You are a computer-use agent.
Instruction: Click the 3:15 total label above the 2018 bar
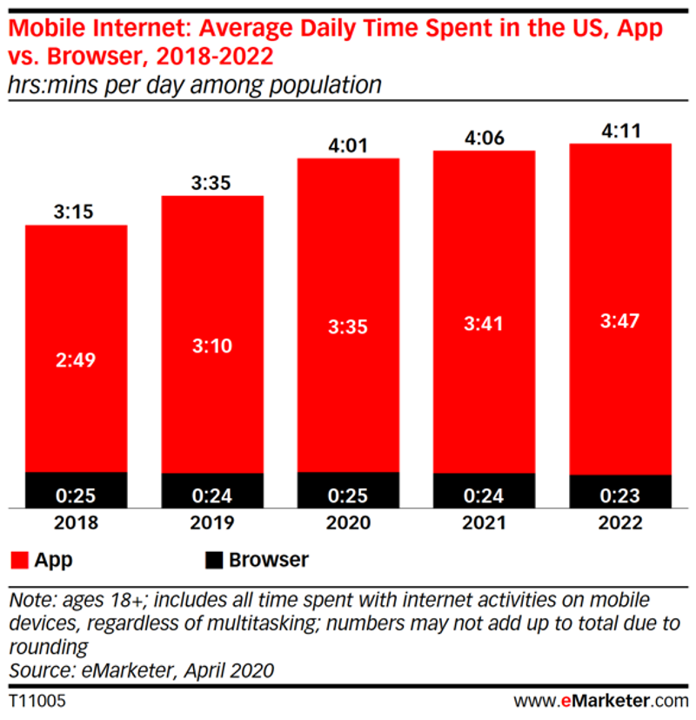point(77,211)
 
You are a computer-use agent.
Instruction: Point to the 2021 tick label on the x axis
point(484,524)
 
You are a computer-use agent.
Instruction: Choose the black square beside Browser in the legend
point(213,559)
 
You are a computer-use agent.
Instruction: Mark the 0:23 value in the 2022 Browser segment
point(620,496)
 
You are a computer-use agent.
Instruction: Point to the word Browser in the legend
point(268,559)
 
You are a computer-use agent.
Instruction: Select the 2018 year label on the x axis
point(77,524)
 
